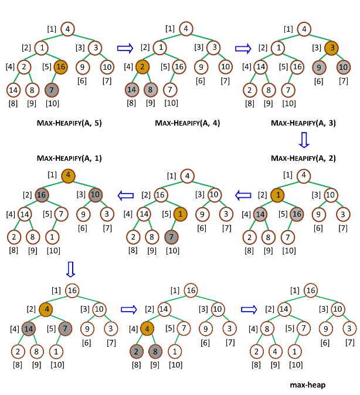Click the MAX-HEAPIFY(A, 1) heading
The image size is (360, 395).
(x=69, y=158)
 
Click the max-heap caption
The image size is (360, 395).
(x=307, y=385)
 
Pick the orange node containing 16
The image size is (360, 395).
(x=61, y=67)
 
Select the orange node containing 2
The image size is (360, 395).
(x=142, y=67)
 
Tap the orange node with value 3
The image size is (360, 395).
(x=331, y=48)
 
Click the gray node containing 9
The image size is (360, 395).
(x=318, y=67)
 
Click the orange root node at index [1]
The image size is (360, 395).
(x=69, y=175)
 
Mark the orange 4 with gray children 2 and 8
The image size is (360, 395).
(x=148, y=328)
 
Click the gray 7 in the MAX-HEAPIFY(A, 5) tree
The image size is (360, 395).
(x=52, y=90)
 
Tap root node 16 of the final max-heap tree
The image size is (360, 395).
(x=311, y=291)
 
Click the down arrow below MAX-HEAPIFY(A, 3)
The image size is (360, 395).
(x=303, y=141)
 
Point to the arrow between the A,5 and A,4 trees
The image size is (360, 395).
(x=125, y=48)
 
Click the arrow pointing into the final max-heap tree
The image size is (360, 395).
(x=250, y=309)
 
